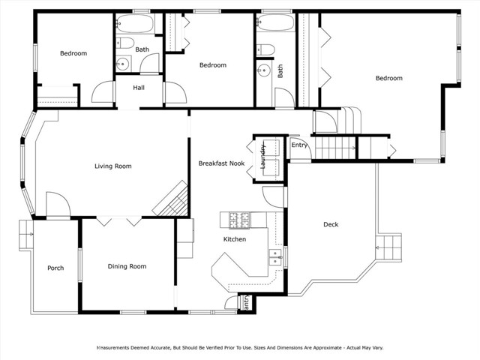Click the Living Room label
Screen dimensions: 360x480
112,166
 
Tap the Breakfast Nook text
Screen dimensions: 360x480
221,163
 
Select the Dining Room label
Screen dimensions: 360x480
127,266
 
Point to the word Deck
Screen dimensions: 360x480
331,224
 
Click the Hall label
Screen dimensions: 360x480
139,88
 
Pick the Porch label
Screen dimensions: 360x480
55,268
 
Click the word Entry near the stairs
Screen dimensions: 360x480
299,145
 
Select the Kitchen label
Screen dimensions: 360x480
235,239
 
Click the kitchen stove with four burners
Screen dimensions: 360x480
238,220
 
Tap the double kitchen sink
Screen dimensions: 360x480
274,256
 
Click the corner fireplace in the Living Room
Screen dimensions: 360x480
170,199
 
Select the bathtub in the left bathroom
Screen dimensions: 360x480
135,25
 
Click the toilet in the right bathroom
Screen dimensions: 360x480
267,50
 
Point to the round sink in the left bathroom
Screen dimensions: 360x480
124,64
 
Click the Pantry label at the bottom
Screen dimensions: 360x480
245,302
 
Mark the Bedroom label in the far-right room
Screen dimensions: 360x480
388,78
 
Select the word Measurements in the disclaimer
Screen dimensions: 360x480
120,348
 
